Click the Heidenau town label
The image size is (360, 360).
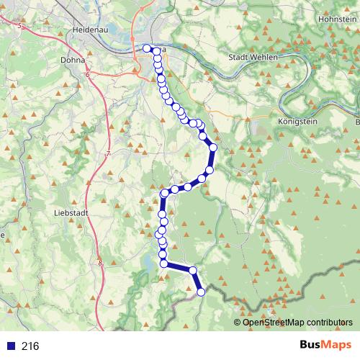[x=91, y=30]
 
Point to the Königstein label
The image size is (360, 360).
[x=297, y=122]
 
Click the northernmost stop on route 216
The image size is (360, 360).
[x=147, y=48]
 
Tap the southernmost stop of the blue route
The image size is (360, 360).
[x=201, y=292]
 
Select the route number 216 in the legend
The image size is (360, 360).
[x=30, y=346]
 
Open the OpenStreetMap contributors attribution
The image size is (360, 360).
[x=297, y=323]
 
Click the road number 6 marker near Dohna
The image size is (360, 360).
[x=87, y=74]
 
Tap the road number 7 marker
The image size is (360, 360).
[x=107, y=154]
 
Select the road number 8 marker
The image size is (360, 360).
[x=100, y=264]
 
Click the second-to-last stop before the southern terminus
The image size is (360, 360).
[x=192, y=271]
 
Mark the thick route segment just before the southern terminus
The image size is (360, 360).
[x=197, y=282]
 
